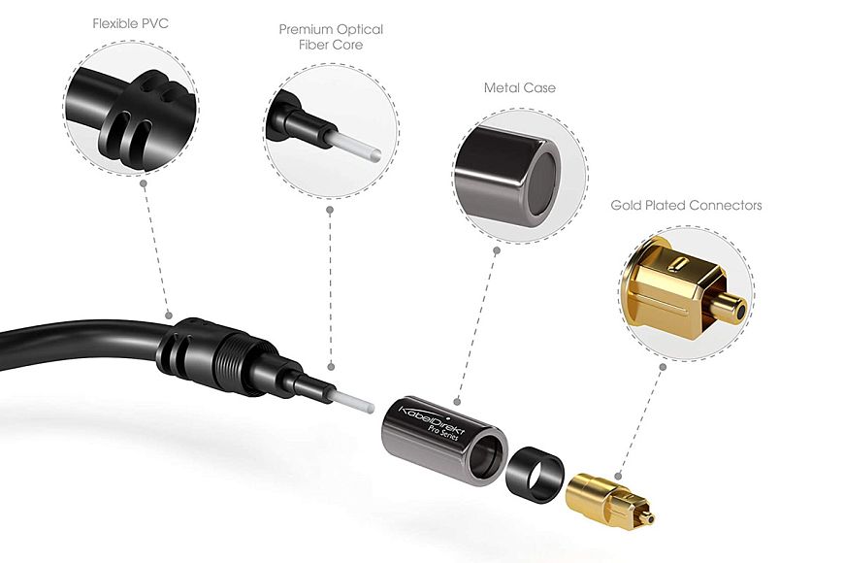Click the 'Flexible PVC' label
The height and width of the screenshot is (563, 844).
(x=130, y=23)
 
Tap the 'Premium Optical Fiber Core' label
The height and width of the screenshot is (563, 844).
(x=331, y=37)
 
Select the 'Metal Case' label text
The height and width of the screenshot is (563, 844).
(x=519, y=87)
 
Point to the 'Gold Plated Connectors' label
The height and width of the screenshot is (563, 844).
(x=686, y=205)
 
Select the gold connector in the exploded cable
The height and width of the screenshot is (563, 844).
(x=611, y=499)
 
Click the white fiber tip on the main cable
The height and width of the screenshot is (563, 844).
(x=354, y=403)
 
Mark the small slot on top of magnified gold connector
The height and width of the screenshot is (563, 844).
(x=679, y=265)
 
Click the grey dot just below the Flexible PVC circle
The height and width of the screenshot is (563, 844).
(x=144, y=183)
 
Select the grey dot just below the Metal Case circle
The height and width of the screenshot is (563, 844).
(x=497, y=250)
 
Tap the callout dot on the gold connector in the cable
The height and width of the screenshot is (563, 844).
(x=619, y=476)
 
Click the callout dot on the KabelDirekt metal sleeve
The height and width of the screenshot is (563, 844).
(x=457, y=401)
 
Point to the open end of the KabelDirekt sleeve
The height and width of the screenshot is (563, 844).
(x=487, y=456)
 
